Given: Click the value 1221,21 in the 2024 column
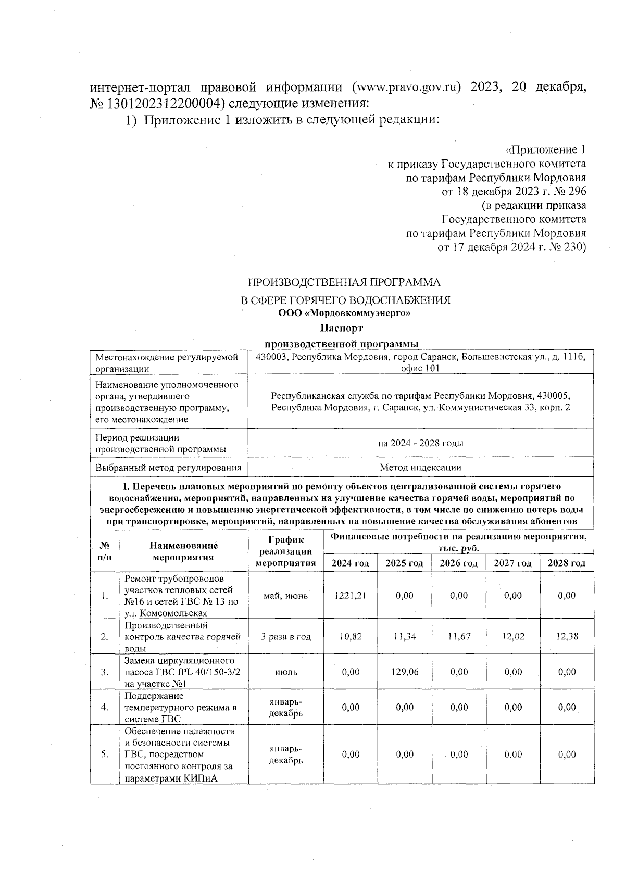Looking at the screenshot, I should point(350,595).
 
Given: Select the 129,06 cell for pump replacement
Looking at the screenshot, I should point(404,672).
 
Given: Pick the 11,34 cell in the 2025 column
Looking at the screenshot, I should point(404,636).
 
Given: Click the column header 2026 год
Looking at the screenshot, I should point(458,563).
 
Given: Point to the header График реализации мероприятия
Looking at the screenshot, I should point(286,551).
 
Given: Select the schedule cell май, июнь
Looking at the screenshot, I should point(286,595).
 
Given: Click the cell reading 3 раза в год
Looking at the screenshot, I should point(286,636).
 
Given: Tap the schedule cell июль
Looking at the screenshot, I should point(286,672).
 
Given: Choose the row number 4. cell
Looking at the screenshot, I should point(105,707).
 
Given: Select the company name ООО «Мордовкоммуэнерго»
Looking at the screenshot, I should point(344,313).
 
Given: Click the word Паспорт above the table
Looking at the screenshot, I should point(341,329).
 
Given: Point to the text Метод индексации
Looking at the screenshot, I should point(420,468).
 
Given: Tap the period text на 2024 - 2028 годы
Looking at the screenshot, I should point(420,443).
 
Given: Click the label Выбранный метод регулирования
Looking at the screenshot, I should point(168,468).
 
